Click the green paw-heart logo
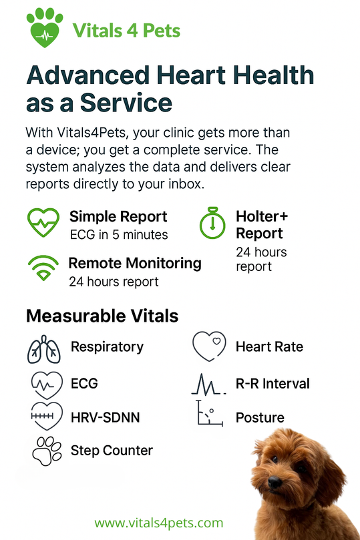click(x=45, y=27)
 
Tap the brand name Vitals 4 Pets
click(x=126, y=30)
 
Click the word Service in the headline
click(x=126, y=103)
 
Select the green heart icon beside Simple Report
click(x=43, y=222)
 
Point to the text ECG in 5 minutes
click(x=119, y=235)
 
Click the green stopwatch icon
click(x=212, y=223)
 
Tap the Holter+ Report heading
click(x=261, y=225)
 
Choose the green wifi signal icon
click(x=43, y=268)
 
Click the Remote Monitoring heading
click(x=135, y=264)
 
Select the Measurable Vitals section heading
click(x=102, y=316)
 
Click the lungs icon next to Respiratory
click(x=44, y=349)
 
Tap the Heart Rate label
click(x=269, y=347)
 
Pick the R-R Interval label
click(x=273, y=384)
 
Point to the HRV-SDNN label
click(x=106, y=417)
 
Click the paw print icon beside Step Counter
click(x=47, y=451)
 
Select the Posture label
click(x=260, y=418)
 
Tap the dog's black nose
click(x=275, y=482)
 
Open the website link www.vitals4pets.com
click(x=159, y=523)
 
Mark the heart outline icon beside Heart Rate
click(x=209, y=346)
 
